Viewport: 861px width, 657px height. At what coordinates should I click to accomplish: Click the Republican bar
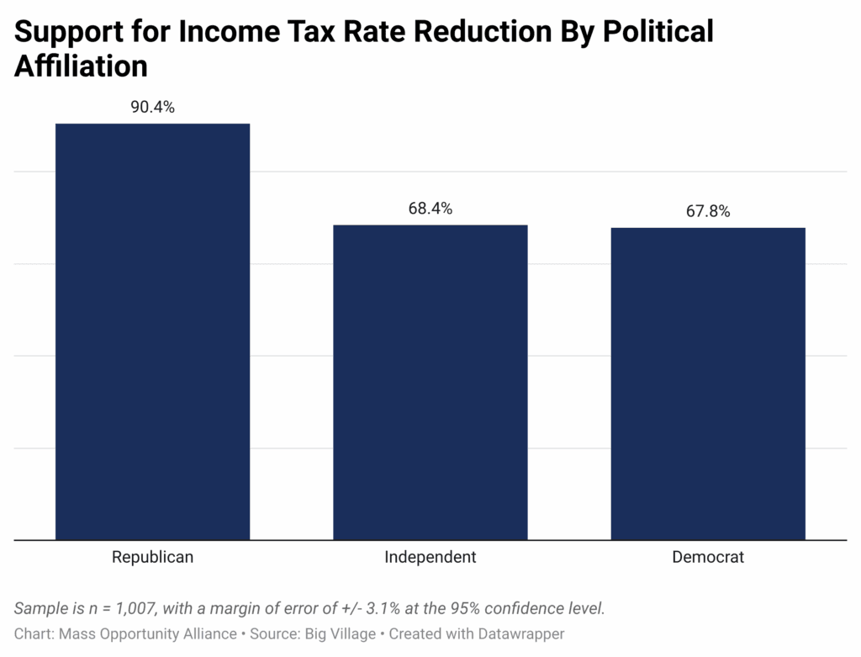coord(152,331)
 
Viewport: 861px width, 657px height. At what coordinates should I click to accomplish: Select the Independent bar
coord(430,382)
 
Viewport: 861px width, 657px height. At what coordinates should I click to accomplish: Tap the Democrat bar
coord(707,384)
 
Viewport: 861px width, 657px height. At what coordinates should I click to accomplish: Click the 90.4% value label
coord(152,108)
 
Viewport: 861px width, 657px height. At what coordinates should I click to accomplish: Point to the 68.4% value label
coord(430,209)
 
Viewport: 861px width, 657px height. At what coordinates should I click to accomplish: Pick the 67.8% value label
coord(707,212)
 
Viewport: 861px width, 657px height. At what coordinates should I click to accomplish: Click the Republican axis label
coord(152,557)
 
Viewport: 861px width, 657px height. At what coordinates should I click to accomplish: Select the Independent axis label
coord(430,557)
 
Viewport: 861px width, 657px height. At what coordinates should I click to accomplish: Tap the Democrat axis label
coord(707,557)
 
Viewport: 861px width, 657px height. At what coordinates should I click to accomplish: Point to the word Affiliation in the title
coord(81,66)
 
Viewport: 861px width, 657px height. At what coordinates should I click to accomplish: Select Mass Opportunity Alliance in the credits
coord(147,633)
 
